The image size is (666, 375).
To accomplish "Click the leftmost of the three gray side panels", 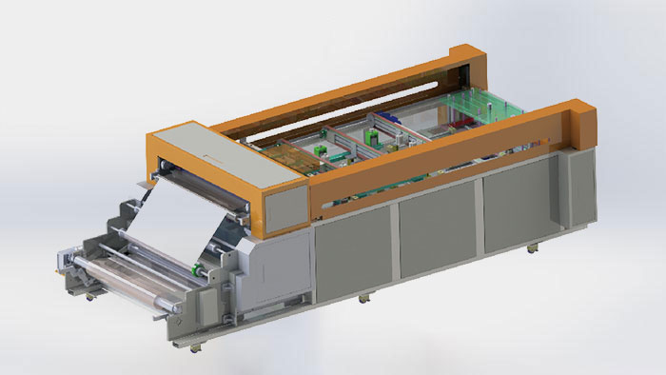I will [x=352, y=252].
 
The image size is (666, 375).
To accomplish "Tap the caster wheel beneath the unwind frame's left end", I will [x=91, y=297].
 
